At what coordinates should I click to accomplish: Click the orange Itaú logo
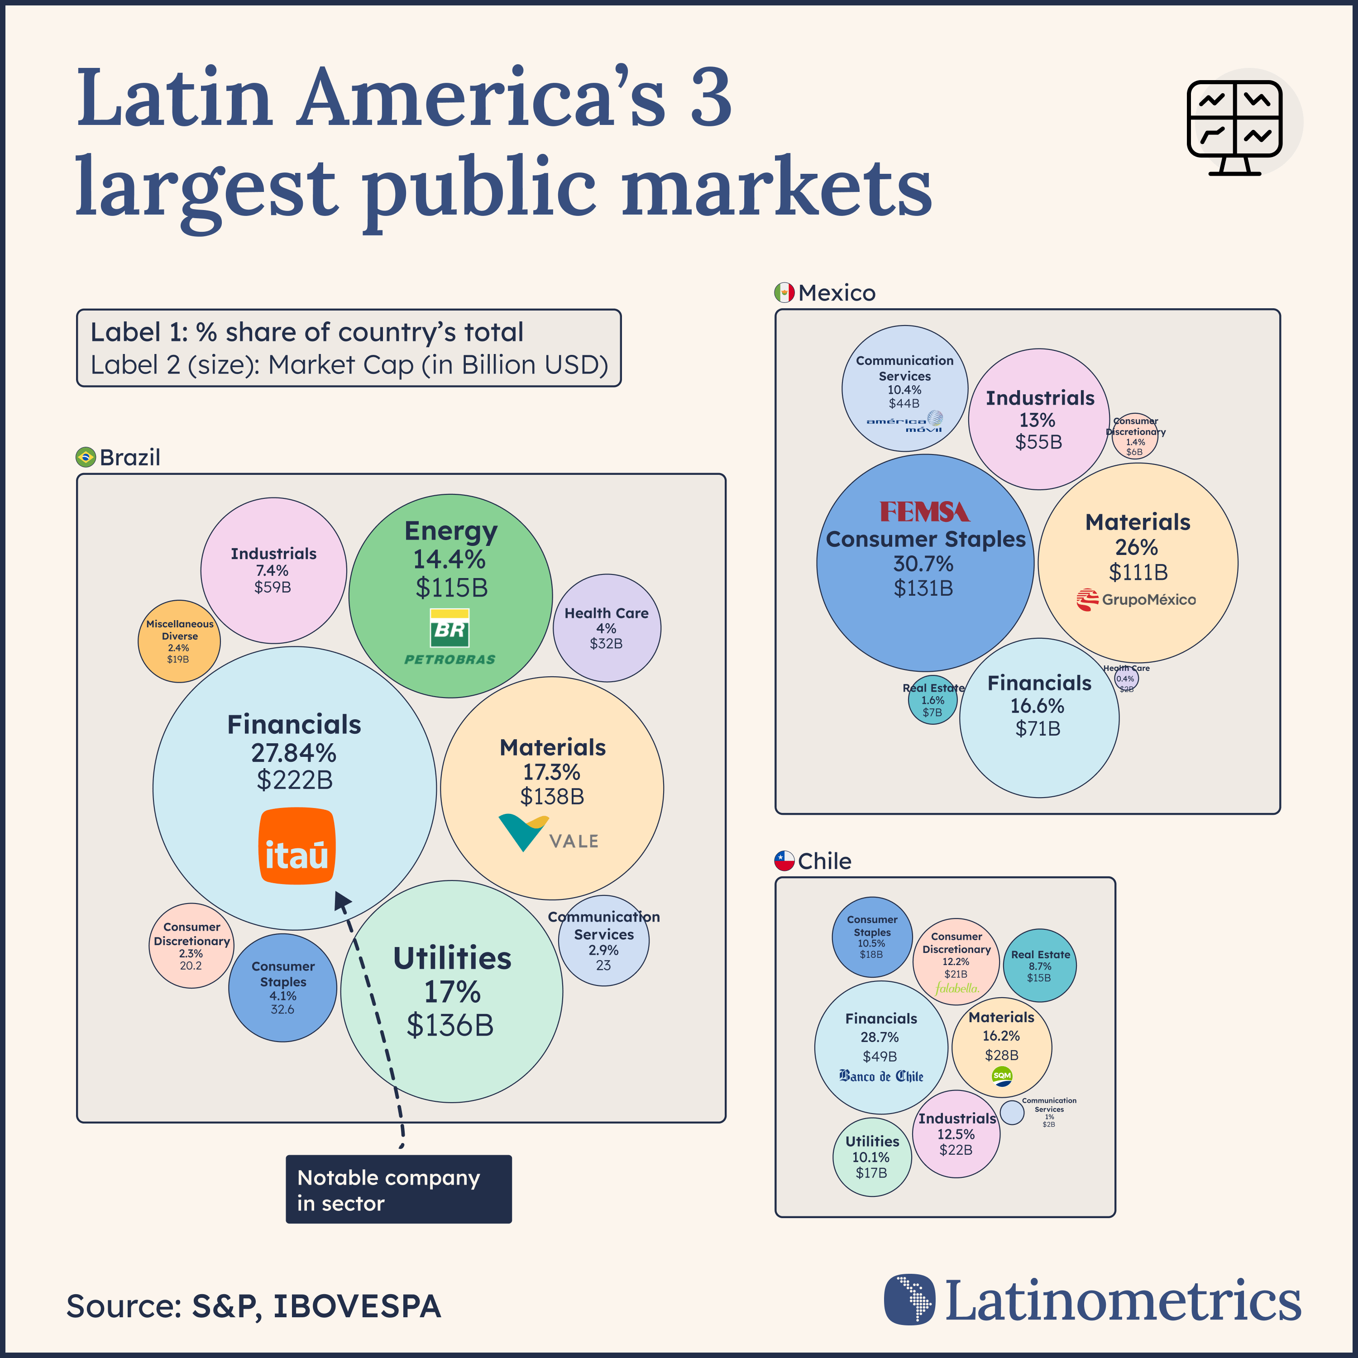click(x=296, y=846)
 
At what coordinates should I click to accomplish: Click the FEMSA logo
click(x=924, y=511)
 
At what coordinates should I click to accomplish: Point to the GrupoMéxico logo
click(x=1136, y=600)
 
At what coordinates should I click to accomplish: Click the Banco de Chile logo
click(x=881, y=1076)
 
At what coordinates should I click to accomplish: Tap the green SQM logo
click(x=1002, y=1076)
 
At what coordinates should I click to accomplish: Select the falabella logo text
click(x=956, y=988)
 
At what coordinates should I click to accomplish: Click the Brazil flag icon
click(x=86, y=457)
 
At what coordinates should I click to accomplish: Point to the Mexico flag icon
click(x=784, y=292)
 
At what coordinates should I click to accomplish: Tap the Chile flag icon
click(x=784, y=861)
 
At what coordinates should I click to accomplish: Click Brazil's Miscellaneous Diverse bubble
click(x=179, y=641)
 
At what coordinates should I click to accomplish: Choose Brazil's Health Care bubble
click(x=607, y=628)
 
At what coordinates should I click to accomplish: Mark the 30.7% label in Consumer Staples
click(x=923, y=564)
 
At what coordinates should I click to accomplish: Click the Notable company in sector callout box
click(x=398, y=1189)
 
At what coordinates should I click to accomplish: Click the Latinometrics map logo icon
click(x=909, y=1300)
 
